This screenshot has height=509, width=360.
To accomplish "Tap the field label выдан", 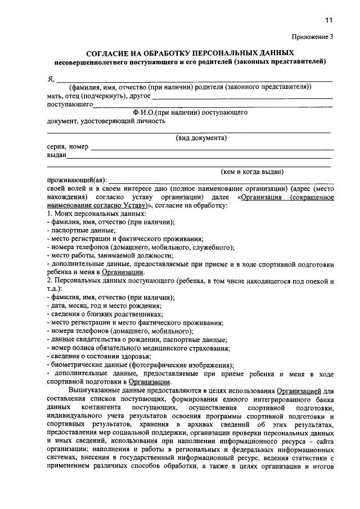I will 56,155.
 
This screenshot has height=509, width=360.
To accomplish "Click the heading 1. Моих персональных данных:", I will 88,214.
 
